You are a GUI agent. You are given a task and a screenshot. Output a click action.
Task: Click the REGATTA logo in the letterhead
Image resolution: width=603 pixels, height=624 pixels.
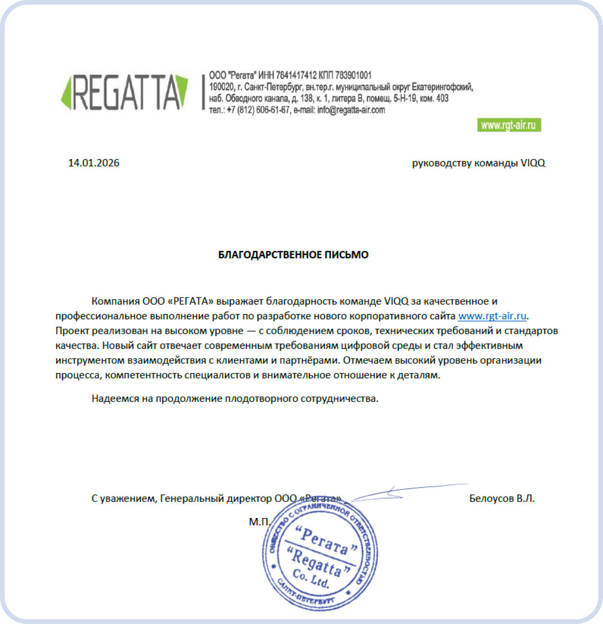pos(124,92)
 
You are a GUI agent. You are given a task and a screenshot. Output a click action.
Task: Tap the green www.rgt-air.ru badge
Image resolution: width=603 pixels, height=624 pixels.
pos(509,125)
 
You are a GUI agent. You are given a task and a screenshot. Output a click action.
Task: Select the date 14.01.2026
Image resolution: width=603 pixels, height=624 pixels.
pos(94,163)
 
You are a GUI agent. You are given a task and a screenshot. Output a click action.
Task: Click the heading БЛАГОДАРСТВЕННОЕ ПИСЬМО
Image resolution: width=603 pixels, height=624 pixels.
pos(293,255)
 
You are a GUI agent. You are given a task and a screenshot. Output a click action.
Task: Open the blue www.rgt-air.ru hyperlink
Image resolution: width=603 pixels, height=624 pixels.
pos(492,316)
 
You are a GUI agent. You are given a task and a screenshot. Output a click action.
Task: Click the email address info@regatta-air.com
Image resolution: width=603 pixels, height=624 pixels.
pos(351,110)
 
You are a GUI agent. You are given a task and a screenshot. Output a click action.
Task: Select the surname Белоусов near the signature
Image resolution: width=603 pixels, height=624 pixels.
pos(491,499)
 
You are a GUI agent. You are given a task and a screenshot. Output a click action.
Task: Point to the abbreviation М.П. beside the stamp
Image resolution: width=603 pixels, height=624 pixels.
pos(259,522)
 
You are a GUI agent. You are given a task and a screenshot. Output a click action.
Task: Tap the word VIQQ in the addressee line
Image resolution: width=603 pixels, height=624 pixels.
pos(533,163)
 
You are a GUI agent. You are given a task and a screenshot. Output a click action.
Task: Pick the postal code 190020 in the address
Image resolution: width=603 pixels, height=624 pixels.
pos(221,87)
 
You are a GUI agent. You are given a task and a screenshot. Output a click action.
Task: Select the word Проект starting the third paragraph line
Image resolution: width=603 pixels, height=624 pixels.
pos(72,331)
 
